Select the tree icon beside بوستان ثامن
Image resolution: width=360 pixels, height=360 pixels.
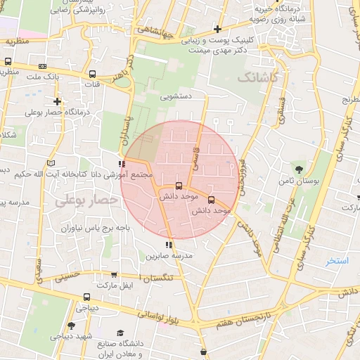pos(300,169)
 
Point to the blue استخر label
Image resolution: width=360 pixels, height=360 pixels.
pos(338,262)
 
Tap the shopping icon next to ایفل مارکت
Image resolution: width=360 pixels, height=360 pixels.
pos(86,297)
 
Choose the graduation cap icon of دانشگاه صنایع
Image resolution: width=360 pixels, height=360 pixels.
pos(120,332)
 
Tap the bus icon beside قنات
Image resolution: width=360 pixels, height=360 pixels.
pos(92,74)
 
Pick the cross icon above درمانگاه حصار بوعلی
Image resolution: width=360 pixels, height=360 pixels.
pos(57,101)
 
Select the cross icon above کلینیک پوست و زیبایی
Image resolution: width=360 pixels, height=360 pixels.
pos(218,30)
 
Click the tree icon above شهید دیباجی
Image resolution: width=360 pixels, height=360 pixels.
pos(71,326)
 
